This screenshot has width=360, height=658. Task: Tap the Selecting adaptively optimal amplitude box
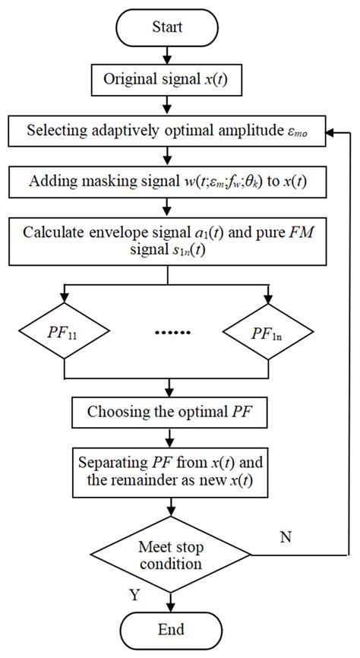tap(166, 132)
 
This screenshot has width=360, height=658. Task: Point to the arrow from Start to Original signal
tap(166, 57)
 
